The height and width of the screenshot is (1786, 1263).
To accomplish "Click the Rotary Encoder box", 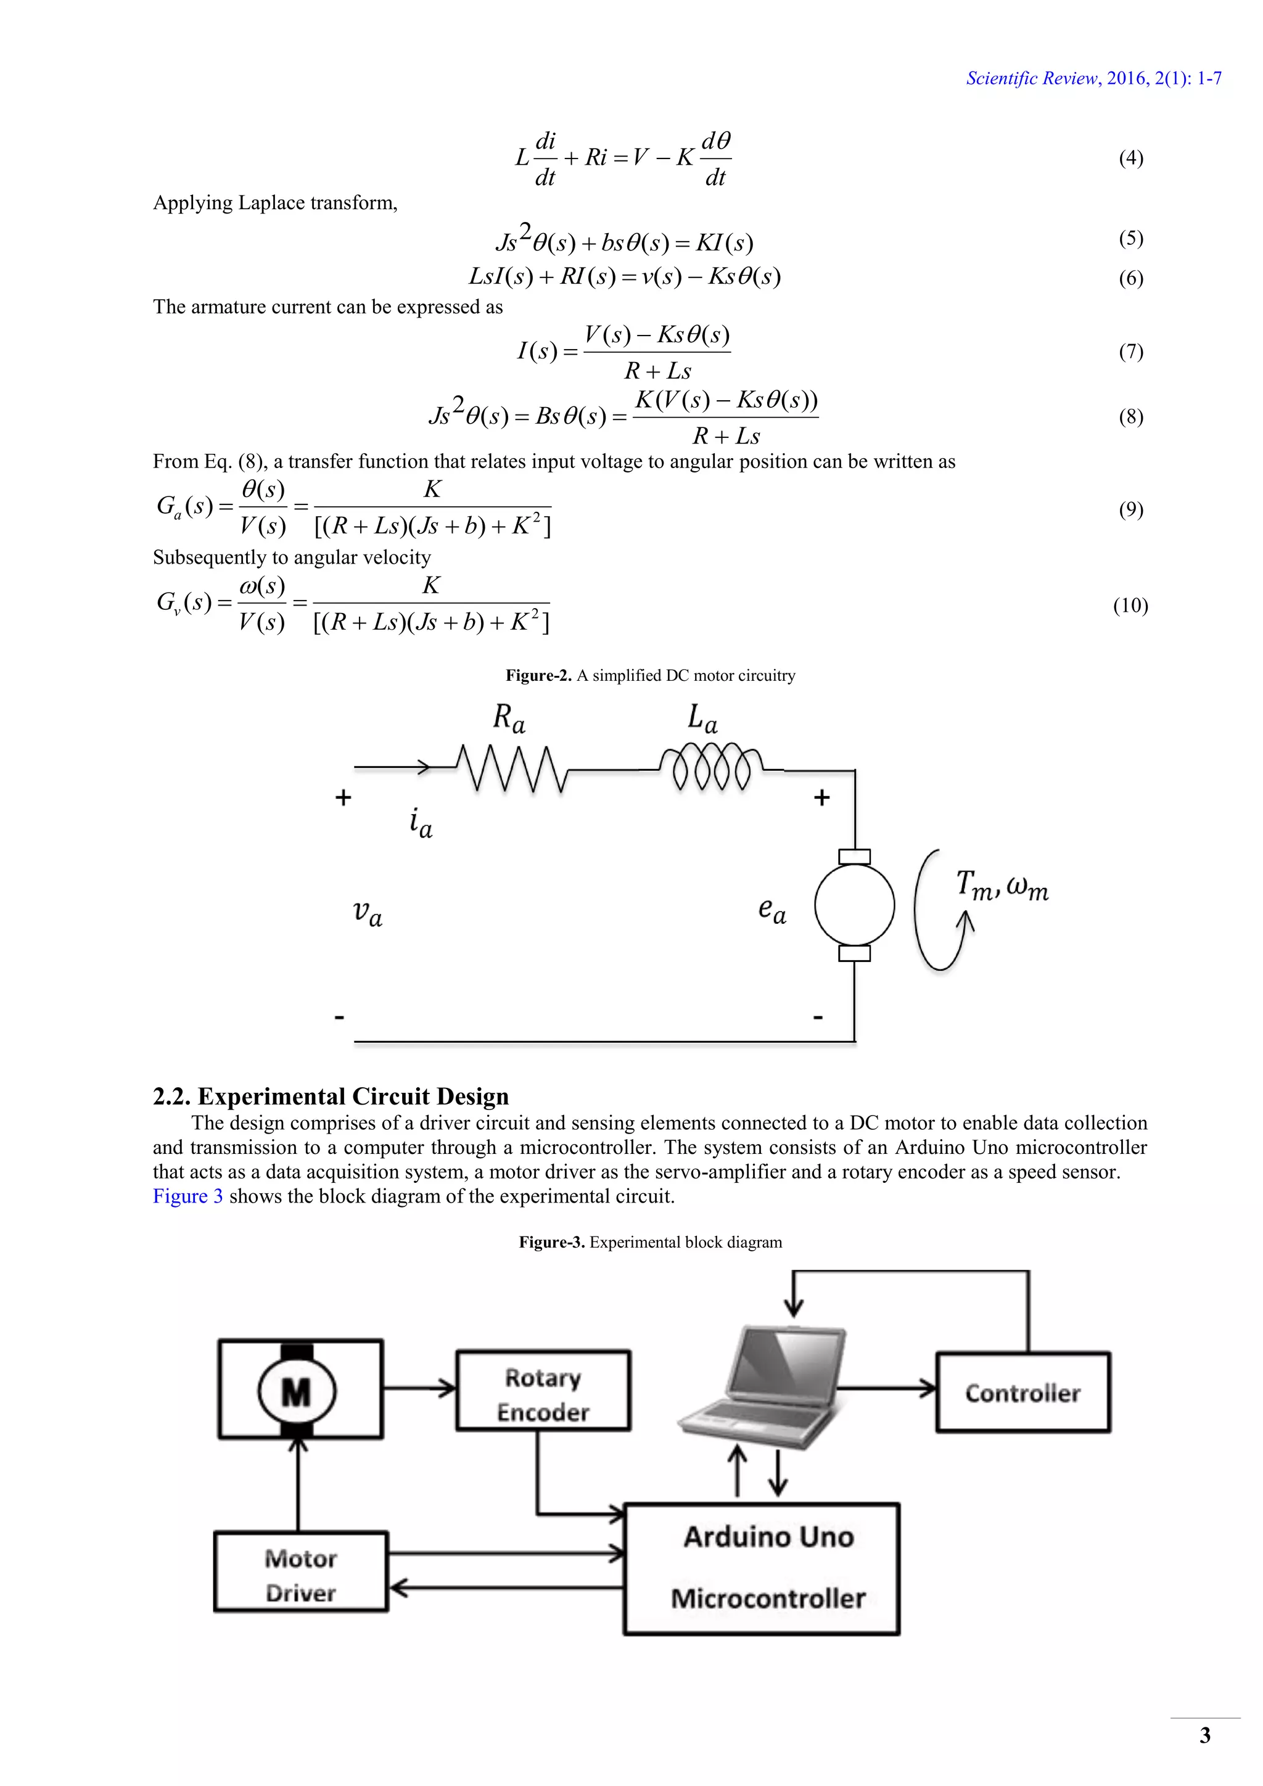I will [543, 1395].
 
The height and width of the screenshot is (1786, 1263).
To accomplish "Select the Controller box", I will [1022, 1393].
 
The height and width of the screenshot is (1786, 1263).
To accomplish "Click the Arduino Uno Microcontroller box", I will [762, 1569].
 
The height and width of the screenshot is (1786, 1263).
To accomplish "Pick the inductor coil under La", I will [711, 768].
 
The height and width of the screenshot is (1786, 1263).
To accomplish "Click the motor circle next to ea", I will [854, 905].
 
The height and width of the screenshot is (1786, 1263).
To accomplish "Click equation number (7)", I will [1131, 352].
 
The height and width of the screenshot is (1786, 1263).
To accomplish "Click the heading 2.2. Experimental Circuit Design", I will [331, 1096].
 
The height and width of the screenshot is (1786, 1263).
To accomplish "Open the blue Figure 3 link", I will [187, 1196].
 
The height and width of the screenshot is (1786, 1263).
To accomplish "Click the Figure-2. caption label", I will [538, 675].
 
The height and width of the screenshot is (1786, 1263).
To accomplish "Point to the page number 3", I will [1204, 1735].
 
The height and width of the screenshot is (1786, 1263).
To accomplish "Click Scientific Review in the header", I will [1031, 78].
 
